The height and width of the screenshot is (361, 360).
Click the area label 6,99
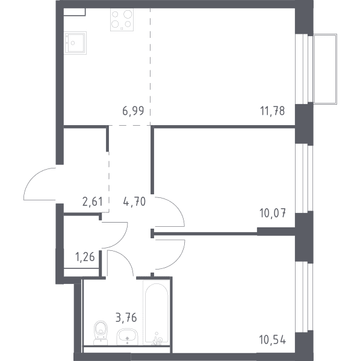[x=133, y=111]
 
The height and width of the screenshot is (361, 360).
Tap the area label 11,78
[x=273, y=111]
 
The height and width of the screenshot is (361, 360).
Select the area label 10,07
[x=273, y=213]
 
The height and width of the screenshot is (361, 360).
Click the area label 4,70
[x=134, y=202]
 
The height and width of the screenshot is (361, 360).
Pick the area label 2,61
[x=92, y=202]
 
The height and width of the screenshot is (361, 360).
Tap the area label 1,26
[x=85, y=257]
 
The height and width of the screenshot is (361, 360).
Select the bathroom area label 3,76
[x=126, y=318]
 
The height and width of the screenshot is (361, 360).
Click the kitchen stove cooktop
[x=122, y=20]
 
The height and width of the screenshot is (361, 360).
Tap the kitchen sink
[x=75, y=43]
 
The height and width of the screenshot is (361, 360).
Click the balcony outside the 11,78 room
[x=325, y=69]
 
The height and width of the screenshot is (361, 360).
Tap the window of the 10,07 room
[x=304, y=178]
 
